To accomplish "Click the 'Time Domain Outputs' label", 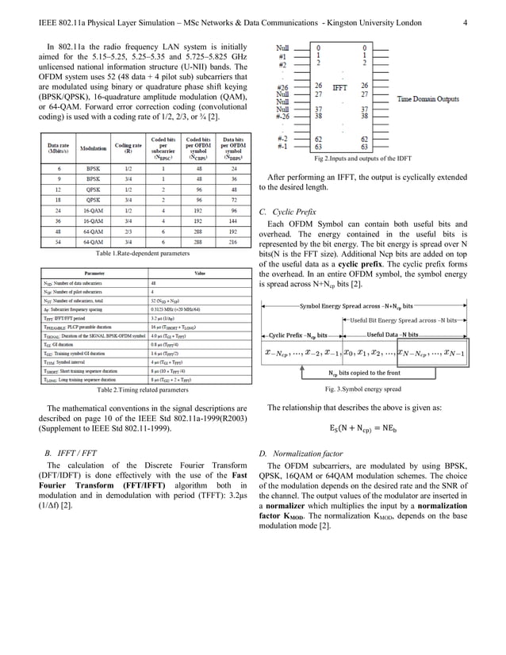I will tap(428, 99).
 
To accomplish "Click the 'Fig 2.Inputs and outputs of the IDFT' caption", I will tap(363, 159).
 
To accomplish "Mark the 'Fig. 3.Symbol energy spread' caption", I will tap(363, 389).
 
